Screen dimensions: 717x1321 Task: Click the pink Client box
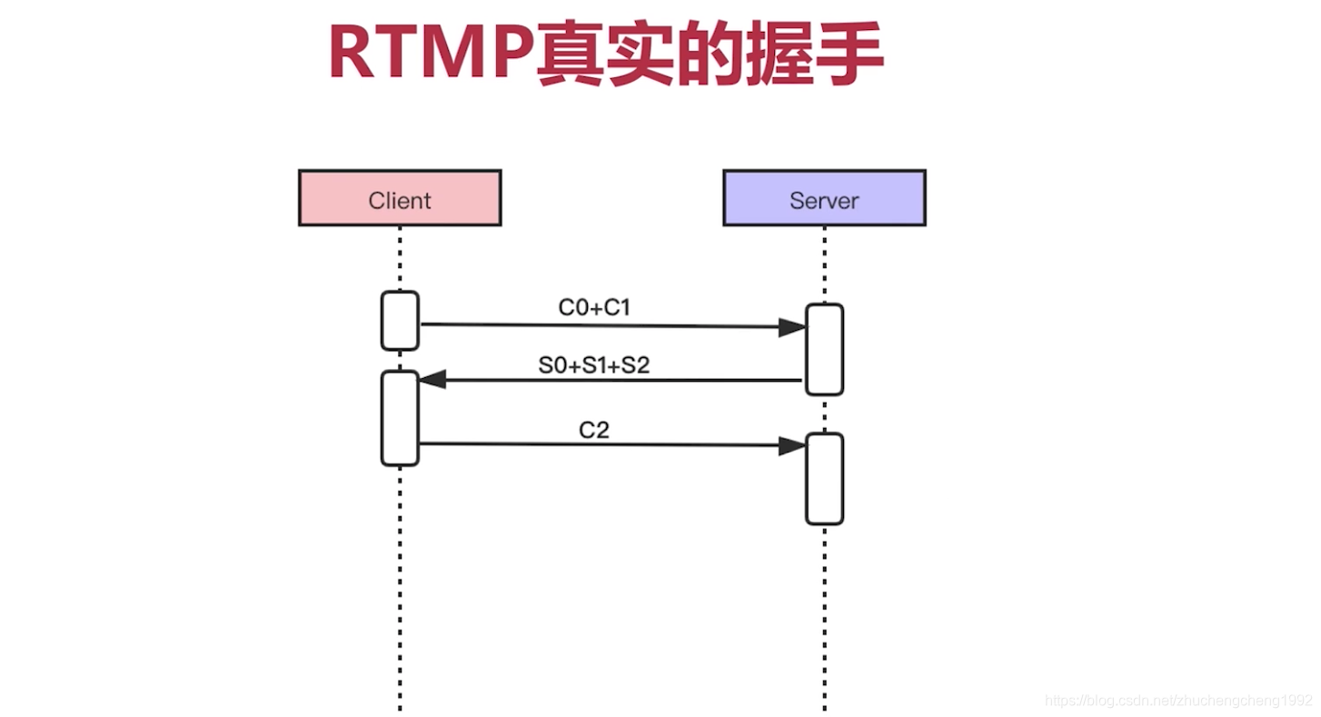pyautogui.click(x=400, y=198)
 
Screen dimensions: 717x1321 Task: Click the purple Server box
pyautogui.click(x=824, y=198)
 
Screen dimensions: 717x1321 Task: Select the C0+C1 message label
pyautogui.click(x=594, y=308)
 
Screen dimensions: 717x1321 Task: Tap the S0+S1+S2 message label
pyautogui.click(x=594, y=365)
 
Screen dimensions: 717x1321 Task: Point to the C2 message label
pyautogui.click(x=594, y=430)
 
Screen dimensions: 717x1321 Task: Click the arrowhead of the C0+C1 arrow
pyautogui.click(x=793, y=327)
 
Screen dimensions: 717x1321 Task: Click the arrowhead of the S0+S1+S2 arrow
pyautogui.click(x=432, y=380)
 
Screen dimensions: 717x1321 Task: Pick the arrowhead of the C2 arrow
pyautogui.click(x=793, y=445)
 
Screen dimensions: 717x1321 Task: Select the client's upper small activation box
pyautogui.click(x=400, y=320)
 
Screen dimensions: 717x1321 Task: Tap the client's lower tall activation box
pyautogui.click(x=400, y=418)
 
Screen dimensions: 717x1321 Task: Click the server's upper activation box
pyautogui.click(x=824, y=350)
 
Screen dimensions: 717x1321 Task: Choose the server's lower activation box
pyautogui.click(x=824, y=479)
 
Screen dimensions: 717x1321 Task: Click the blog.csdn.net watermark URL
pyautogui.click(x=1178, y=701)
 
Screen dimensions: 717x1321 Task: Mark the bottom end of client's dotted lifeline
pyautogui.click(x=400, y=707)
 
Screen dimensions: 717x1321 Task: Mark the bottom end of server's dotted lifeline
pyautogui.click(x=824, y=707)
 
